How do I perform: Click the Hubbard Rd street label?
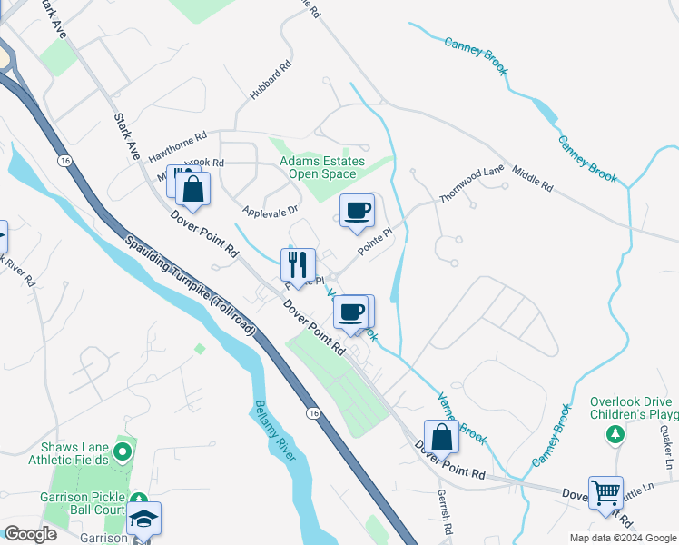click(271, 81)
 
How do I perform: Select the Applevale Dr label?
click(271, 209)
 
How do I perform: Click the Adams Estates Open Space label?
click(322, 167)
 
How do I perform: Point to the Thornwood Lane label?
click(471, 184)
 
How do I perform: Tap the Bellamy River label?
click(275, 431)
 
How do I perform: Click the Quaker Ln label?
click(670, 449)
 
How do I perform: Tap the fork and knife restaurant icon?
click(298, 264)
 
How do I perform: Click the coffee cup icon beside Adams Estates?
click(357, 210)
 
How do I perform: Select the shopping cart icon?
click(605, 492)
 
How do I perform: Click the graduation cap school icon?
click(143, 518)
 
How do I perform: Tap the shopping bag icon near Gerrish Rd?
click(442, 436)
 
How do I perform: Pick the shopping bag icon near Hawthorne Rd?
click(193, 188)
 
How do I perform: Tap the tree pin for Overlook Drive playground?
click(616, 434)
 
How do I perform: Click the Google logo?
click(30, 534)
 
